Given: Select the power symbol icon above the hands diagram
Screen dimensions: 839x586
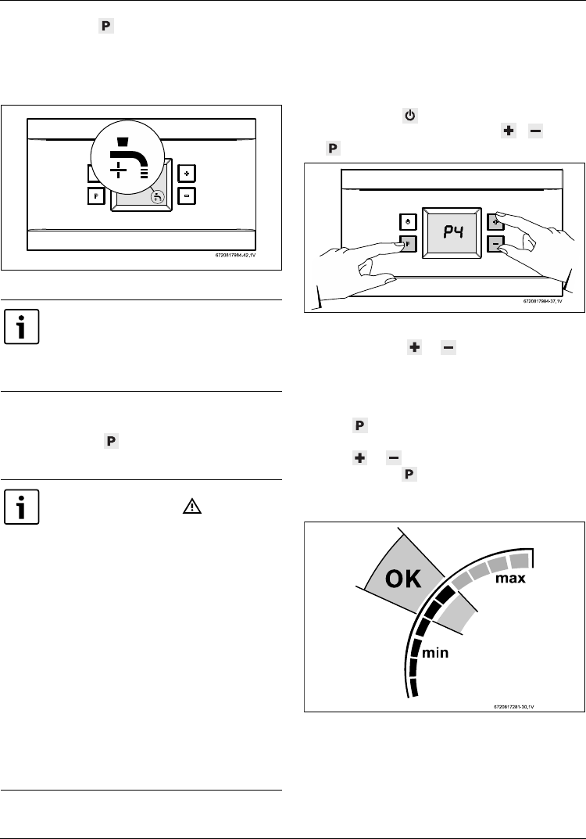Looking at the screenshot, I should click(409, 116).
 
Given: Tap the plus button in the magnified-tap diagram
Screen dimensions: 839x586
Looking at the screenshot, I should click(184, 173).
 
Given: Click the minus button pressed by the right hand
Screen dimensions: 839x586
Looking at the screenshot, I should click(495, 244).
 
